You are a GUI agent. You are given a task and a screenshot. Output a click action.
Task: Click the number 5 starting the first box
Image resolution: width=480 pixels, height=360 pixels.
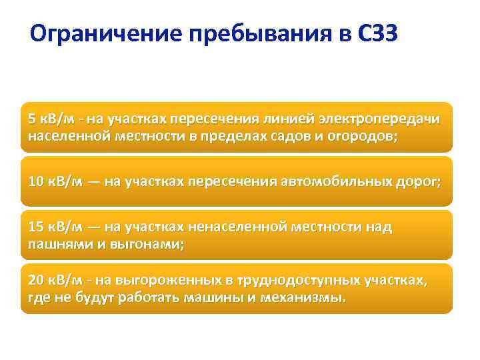[x=32, y=119]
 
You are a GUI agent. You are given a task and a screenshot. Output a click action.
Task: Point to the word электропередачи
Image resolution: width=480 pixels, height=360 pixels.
[x=383, y=119]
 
